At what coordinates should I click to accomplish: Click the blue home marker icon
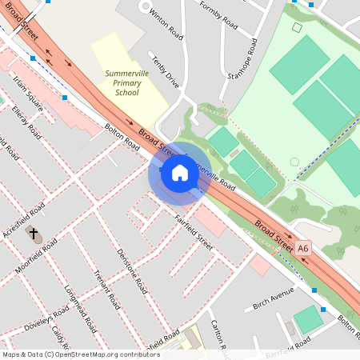tap(179, 172)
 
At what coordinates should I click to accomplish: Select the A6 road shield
tap(302, 249)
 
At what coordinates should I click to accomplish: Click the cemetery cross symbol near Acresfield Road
tap(34, 234)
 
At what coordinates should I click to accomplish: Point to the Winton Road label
tap(165, 22)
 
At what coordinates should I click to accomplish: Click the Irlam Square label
tap(29, 92)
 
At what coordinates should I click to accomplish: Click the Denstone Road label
tap(131, 270)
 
